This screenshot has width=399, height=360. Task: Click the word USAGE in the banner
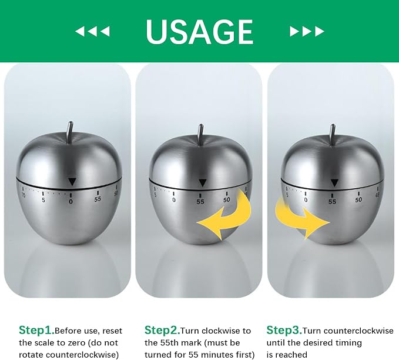200,32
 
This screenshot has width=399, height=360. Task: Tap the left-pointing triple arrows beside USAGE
93,31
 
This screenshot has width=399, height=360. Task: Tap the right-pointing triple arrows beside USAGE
307,31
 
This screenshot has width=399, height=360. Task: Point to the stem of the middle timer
201,134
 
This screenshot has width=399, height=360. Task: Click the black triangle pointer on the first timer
72,182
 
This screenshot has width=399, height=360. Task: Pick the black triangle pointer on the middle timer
203,183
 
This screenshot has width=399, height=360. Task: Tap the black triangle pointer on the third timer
334,183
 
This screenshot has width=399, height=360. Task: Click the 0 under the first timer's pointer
71,202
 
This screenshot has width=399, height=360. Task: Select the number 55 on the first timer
98,199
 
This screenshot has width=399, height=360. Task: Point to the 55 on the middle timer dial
200,202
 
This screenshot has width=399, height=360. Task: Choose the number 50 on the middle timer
226,200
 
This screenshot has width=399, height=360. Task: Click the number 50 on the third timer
358,200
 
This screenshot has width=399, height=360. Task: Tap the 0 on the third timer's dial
306,200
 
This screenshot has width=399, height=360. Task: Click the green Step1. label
36,330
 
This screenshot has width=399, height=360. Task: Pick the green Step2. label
162,330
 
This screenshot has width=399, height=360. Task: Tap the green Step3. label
284,330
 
